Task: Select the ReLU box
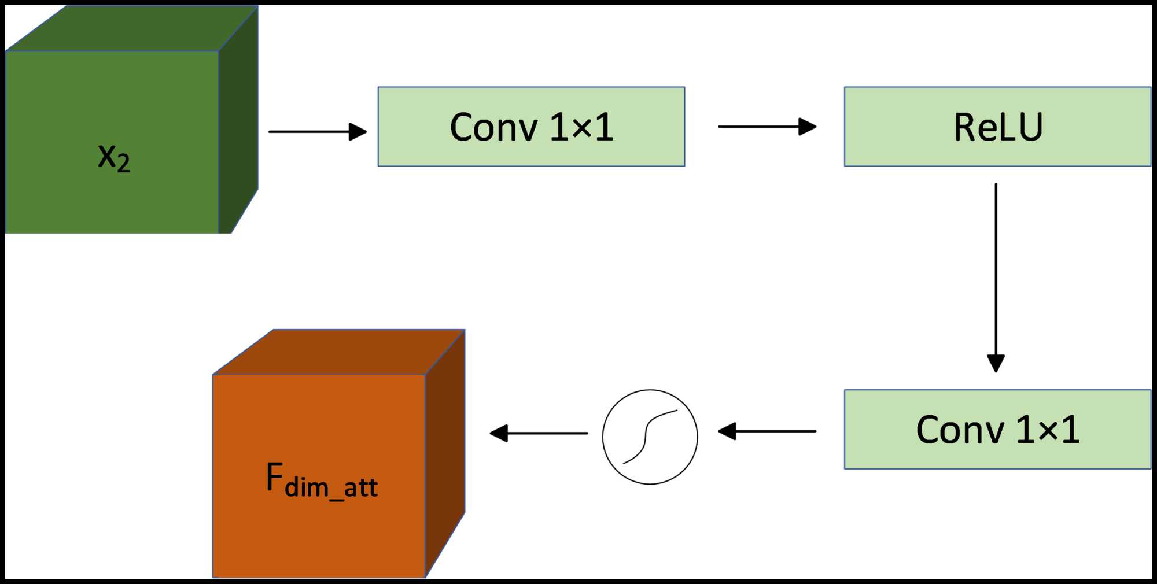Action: tap(997, 127)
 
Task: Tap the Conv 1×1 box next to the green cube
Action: tap(531, 127)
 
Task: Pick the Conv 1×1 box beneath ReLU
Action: tap(997, 429)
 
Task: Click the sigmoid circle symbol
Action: tap(650, 437)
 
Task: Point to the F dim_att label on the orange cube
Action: tap(322, 480)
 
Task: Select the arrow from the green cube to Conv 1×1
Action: tap(317, 132)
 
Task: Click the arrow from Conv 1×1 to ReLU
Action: tap(767, 126)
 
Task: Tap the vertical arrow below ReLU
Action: tap(996, 278)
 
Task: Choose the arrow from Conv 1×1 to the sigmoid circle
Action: tap(767, 431)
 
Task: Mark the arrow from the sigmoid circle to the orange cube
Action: tap(539, 433)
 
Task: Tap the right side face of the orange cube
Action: tap(445, 451)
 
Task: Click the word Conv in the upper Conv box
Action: tap(493, 127)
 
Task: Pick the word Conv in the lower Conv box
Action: tap(960, 430)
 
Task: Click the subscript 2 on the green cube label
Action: tap(123, 163)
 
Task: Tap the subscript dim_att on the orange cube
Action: tap(331, 487)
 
